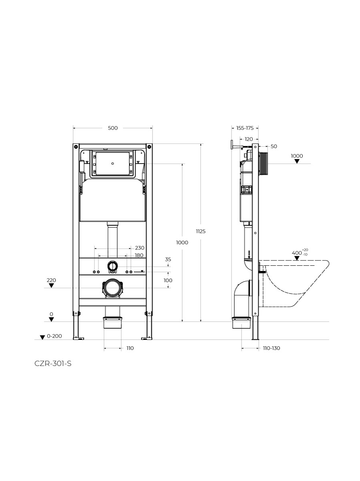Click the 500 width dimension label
click(x=113, y=128)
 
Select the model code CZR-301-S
click(x=53, y=364)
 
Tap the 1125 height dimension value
click(x=201, y=231)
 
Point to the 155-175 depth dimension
click(x=245, y=128)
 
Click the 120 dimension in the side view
click(x=249, y=139)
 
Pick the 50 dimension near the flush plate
click(x=274, y=146)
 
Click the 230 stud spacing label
click(x=140, y=248)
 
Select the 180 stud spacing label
click(x=139, y=255)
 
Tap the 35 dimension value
click(x=168, y=259)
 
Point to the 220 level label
click(x=51, y=280)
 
